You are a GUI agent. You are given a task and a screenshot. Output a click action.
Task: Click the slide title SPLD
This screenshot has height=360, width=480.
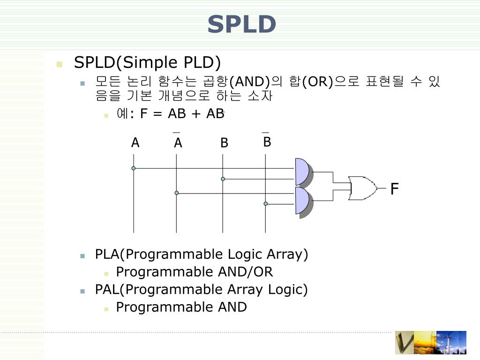[241, 24]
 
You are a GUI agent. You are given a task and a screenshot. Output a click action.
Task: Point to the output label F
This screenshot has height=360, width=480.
[394, 189]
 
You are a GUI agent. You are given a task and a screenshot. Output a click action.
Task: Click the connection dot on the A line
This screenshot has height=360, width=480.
[134, 168]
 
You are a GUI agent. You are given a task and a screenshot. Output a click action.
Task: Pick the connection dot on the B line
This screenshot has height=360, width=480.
[223, 179]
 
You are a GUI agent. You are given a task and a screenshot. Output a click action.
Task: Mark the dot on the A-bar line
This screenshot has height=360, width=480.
[177, 193]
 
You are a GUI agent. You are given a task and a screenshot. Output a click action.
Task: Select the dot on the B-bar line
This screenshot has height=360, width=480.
[266, 203]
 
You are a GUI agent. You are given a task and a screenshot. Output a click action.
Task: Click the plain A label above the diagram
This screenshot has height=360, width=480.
[135, 143]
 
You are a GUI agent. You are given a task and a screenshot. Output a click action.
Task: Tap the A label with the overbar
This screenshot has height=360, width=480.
[178, 142]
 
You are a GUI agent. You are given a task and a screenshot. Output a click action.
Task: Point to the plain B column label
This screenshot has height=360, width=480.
[224, 143]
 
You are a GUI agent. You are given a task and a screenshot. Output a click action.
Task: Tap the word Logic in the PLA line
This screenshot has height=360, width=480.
[245, 254]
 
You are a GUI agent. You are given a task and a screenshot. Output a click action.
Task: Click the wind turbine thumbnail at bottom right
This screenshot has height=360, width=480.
[451, 343]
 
